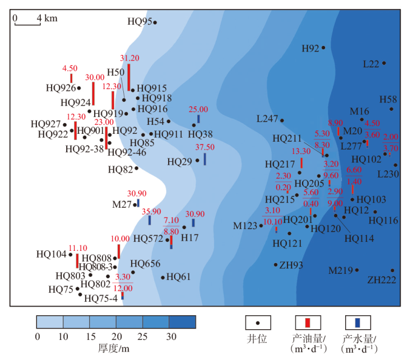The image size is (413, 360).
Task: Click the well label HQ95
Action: tap(140, 22)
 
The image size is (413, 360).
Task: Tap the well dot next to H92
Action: tap(323, 48)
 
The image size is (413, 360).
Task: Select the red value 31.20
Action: tap(129, 58)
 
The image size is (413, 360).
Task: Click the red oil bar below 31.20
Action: tap(129, 76)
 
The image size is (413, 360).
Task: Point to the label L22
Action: tap(371, 64)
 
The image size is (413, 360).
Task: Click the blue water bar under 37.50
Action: tap(205, 159)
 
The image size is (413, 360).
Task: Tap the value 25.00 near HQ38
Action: tap(198, 110)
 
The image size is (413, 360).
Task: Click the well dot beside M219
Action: tap(356, 270)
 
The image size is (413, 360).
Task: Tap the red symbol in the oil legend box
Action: tap(307, 322)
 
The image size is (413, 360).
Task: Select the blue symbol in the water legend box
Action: tap(357, 322)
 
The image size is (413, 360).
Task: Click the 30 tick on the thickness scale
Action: tap(170, 336)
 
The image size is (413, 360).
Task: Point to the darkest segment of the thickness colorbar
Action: tap(183, 321)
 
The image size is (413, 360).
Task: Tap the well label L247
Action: tap(267, 119)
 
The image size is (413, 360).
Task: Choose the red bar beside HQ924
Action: tap(94, 93)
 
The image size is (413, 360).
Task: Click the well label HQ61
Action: tap(179, 277)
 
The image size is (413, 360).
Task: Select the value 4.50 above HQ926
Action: tap(69, 68)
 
